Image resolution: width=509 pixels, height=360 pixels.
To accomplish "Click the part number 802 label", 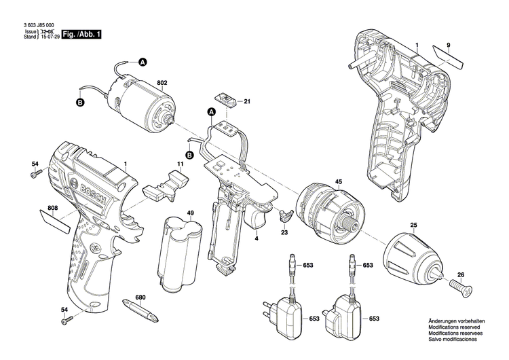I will coord(162,84).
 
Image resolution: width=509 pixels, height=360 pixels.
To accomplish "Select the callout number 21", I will coord(247,102).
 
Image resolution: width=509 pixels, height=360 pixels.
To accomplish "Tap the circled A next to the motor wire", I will coord(143,62).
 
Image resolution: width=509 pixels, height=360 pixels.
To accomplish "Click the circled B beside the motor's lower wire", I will coord(79,103).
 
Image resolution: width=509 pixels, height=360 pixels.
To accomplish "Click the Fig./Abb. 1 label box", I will coord(81,34).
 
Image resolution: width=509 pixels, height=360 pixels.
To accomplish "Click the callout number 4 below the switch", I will coord(257,238).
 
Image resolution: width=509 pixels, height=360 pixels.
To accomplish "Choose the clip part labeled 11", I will coord(167,185).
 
